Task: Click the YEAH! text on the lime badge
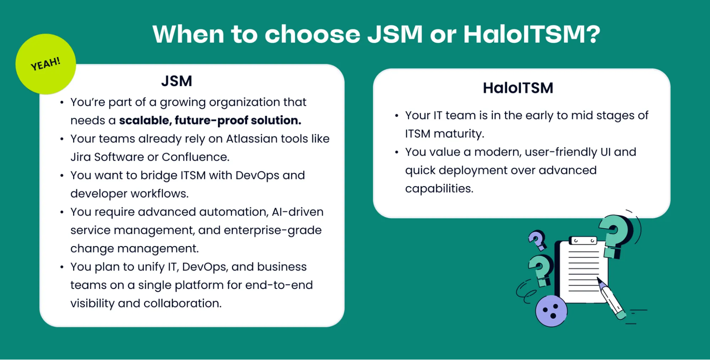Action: [x=45, y=64]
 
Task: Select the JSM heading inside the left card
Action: [x=177, y=81]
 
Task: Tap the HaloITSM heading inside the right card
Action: [x=518, y=88]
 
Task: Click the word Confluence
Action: [x=195, y=157]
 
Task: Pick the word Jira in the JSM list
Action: [x=81, y=157]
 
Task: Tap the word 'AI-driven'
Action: [x=298, y=212]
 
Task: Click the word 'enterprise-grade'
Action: [x=273, y=230]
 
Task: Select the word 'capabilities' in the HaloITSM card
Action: [x=439, y=189]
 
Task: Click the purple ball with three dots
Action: [x=551, y=311]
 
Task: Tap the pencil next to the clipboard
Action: [x=611, y=298]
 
